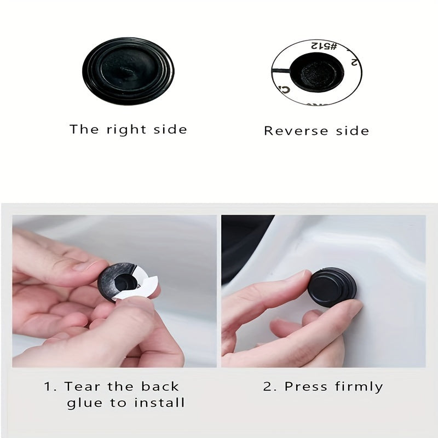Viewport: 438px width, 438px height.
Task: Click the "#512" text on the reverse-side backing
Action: tap(322, 45)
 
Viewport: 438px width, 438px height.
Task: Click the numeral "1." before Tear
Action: tap(50, 387)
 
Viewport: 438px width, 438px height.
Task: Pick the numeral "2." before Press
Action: tap(270, 387)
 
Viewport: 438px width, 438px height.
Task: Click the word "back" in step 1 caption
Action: tap(160, 387)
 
